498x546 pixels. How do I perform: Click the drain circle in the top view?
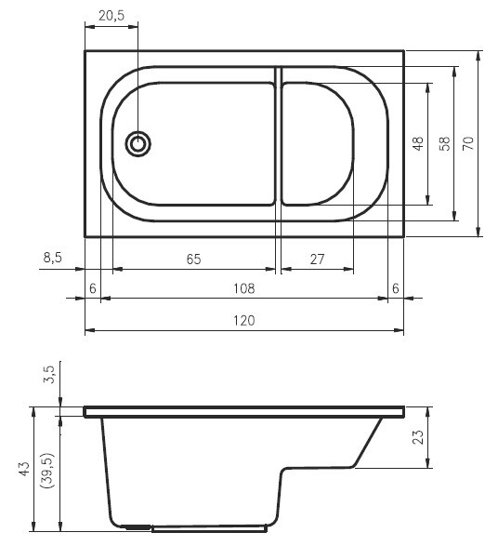pos(138,144)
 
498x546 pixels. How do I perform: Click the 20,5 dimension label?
pos(111,15)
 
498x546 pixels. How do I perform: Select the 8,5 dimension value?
pos(52,259)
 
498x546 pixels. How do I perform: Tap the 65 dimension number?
pos(193,260)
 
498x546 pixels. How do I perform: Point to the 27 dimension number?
pos(317,260)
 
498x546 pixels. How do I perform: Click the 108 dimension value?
pos(243,288)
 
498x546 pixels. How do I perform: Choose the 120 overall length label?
pos(243,320)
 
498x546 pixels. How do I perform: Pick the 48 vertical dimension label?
pos(418,144)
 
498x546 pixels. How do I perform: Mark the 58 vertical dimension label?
pos(445,144)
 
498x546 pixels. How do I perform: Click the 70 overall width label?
pos(469,143)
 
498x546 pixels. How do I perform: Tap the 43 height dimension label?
pos(24,471)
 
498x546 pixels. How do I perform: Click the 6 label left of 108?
pos(92,288)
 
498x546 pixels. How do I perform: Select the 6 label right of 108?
pos(396,288)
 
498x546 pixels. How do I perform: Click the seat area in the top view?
pos(317,143)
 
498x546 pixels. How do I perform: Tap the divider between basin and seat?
pos(278,135)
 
